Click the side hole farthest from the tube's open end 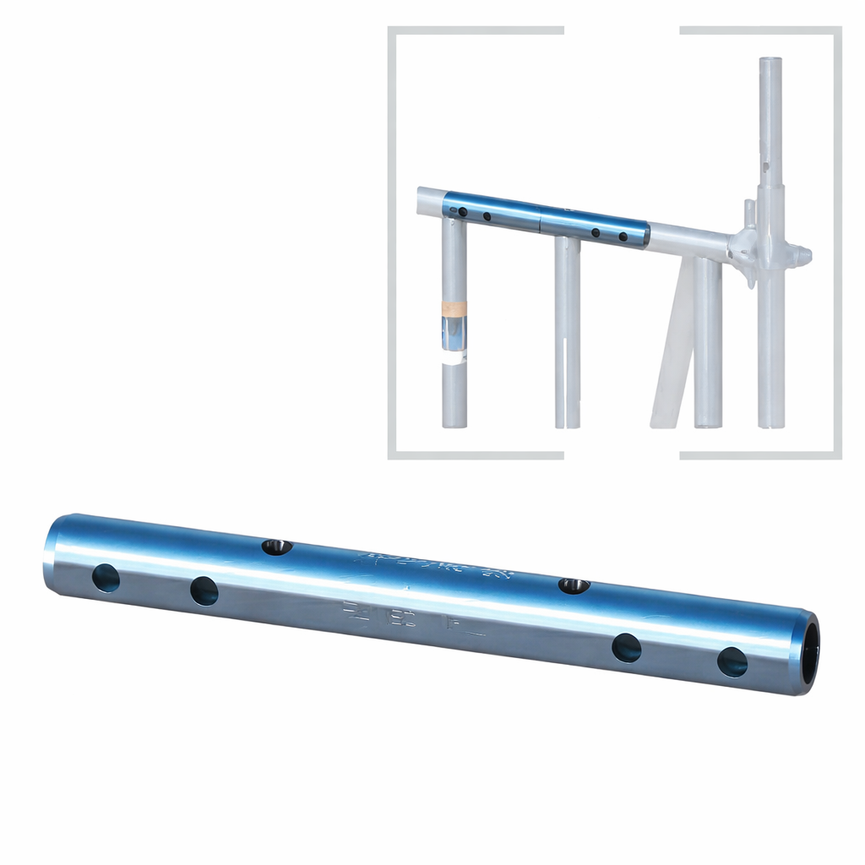[106, 578]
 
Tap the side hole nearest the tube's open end [732, 661]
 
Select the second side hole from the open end [626, 648]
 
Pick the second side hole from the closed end [204, 590]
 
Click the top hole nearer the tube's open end [574, 585]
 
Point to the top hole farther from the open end [275, 547]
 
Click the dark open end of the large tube [809, 652]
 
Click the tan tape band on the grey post [454, 307]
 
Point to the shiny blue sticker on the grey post [454, 335]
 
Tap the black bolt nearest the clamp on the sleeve [623, 237]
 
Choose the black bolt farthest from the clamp [462, 211]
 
